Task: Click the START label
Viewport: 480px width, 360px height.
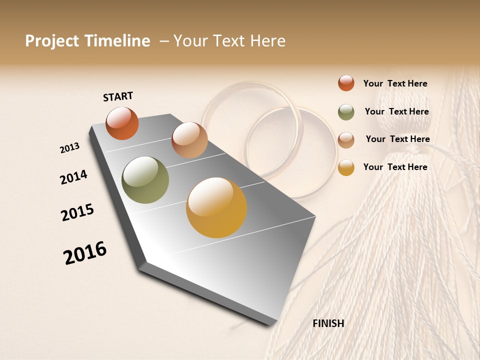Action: pos(118,96)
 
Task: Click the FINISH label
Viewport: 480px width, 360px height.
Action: pos(328,323)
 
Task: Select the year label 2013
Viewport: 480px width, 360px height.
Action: pos(69,148)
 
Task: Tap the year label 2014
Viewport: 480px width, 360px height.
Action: pos(73,177)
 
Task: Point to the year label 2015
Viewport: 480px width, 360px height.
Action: pos(77,212)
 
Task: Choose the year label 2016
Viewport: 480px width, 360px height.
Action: pos(85,252)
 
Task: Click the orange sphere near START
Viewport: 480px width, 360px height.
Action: pos(122,123)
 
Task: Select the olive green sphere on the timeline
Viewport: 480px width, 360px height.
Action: pos(145,180)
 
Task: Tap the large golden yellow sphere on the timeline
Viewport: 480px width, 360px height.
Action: pos(216,207)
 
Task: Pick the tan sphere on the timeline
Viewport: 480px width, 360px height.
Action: pos(189,139)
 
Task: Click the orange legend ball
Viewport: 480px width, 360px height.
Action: pos(346,83)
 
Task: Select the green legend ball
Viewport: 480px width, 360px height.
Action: pos(346,112)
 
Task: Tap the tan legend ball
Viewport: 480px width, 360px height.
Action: pos(346,140)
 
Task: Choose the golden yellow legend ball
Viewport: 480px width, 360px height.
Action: pos(346,167)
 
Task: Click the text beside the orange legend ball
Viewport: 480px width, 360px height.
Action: pos(395,83)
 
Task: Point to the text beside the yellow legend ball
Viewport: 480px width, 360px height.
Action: pos(395,167)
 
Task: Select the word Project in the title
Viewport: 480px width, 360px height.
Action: pos(52,41)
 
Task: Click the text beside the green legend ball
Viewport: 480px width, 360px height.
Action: pos(396,111)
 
